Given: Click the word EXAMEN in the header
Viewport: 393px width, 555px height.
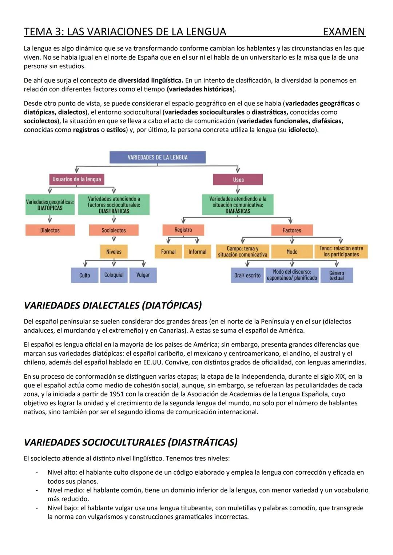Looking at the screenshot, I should [344, 32].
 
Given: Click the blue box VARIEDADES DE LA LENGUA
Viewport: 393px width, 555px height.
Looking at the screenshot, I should [158, 157].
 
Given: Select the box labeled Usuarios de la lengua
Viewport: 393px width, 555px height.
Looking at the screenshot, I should [76, 179].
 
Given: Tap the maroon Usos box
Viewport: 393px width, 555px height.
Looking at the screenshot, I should [238, 180].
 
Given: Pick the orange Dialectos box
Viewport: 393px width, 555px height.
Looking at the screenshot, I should [50, 230].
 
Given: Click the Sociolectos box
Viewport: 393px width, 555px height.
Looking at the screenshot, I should [114, 230].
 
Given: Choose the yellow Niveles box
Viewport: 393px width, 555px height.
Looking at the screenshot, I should [114, 252].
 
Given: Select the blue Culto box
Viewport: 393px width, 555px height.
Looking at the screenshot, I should [84, 275].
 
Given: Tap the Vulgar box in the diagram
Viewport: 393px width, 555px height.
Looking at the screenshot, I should [143, 275].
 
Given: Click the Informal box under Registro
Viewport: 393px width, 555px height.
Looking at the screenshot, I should [197, 252].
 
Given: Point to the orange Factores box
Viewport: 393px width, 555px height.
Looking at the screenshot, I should [291, 230].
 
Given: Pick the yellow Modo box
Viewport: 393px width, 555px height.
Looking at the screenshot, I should [291, 252].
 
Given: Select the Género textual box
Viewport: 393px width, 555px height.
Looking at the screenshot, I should [336, 276].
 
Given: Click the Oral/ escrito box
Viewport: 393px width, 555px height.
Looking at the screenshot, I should [247, 276].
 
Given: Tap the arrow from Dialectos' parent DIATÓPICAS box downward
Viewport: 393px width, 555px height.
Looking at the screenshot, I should [50, 219].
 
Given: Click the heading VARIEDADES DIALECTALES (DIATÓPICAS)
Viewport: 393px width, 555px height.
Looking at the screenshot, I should [112, 305].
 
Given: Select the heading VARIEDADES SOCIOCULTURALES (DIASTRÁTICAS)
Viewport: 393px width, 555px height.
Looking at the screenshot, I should [130, 442].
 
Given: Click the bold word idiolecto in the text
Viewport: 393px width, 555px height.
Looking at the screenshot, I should [302, 130].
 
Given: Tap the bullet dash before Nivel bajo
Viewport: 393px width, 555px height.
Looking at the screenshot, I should [36, 508].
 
